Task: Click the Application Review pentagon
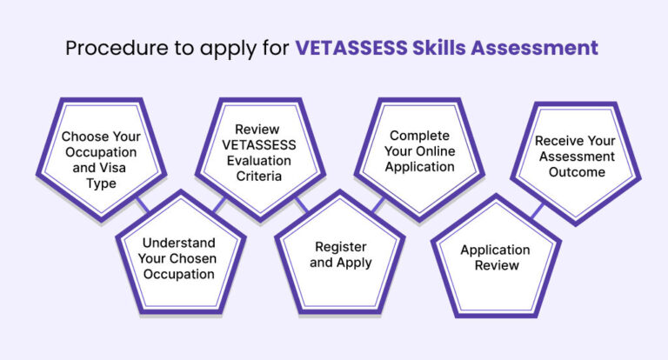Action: point(495,257)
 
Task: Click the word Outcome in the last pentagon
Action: point(574,171)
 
